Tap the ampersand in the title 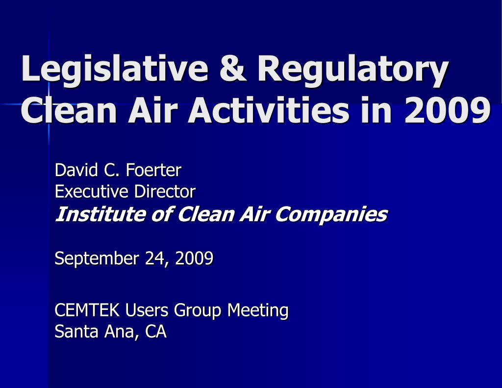tap(233, 70)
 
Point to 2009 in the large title tap(448, 111)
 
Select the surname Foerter tap(153, 170)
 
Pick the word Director tap(165, 191)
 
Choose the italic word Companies tap(331, 214)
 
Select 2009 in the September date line tap(194, 258)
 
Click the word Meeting tap(258, 310)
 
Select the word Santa tap(73, 332)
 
